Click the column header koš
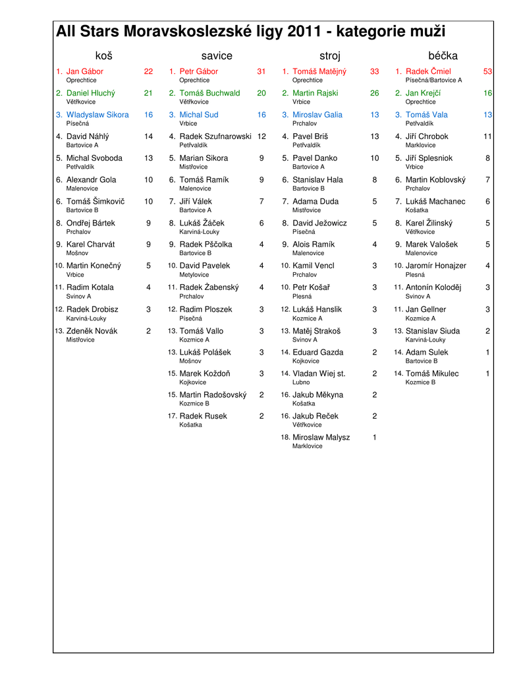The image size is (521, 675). click(104, 56)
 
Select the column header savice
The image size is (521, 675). click(217, 56)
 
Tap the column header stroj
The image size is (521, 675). click(329, 56)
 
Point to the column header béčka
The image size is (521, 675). click(443, 56)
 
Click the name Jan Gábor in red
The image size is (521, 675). click(85, 71)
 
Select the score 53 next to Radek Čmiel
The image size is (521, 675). click(487, 71)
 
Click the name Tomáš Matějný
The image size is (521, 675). click(319, 71)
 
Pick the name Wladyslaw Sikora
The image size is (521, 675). click(97, 115)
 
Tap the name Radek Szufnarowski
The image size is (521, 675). click(215, 136)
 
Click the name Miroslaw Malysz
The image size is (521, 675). click(321, 437)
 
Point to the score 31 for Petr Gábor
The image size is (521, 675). click(261, 71)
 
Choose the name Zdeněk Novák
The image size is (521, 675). click(92, 331)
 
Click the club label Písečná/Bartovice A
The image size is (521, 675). click(434, 80)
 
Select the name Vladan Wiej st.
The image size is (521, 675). click(319, 373)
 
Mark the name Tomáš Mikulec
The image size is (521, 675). click(432, 373)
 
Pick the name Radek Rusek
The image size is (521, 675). click(203, 416)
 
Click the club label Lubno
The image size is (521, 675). click(301, 382)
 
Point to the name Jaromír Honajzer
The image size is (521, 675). click(436, 266)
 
